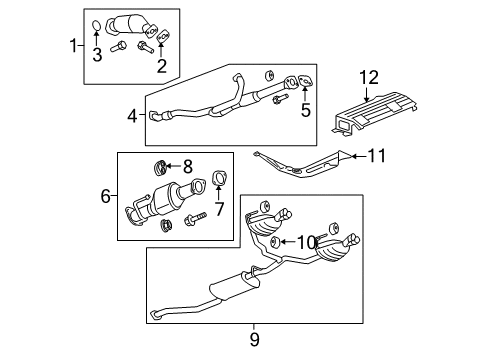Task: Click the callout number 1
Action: pyautogui.click(x=71, y=45)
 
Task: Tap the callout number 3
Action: pyautogui.click(x=97, y=56)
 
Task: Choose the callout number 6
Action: pyautogui.click(x=105, y=198)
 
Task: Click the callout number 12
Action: pyautogui.click(x=370, y=78)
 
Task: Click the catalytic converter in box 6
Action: pyautogui.click(x=156, y=208)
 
